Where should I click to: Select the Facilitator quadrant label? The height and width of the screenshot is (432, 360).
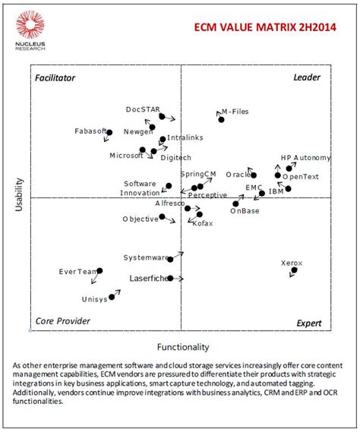click(x=55, y=78)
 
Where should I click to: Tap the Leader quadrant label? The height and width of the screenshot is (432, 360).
click(x=307, y=78)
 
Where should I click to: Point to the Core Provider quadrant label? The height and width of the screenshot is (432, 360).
click(x=63, y=321)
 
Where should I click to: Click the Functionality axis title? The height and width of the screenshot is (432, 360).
click(x=182, y=347)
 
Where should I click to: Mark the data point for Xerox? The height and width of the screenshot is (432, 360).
click(x=294, y=270)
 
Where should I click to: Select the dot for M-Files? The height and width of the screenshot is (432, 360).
click(x=221, y=119)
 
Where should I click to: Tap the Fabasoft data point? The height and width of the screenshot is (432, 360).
click(x=109, y=132)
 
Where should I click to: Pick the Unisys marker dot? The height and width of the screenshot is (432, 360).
click(x=112, y=297)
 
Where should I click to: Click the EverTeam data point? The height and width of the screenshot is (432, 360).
click(x=99, y=270)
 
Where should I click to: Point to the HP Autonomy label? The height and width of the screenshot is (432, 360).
click(x=305, y=158)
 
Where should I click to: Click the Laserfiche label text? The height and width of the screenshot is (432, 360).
click(x=147, y=279)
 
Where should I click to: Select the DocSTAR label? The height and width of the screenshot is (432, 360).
click(x=143, y=109)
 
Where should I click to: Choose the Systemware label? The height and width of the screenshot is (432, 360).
click(x=146, y=258)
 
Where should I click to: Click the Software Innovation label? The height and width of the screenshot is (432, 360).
click(x=140, y=188)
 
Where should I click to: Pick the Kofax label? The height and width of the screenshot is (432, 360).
click(x=203, y=223)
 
